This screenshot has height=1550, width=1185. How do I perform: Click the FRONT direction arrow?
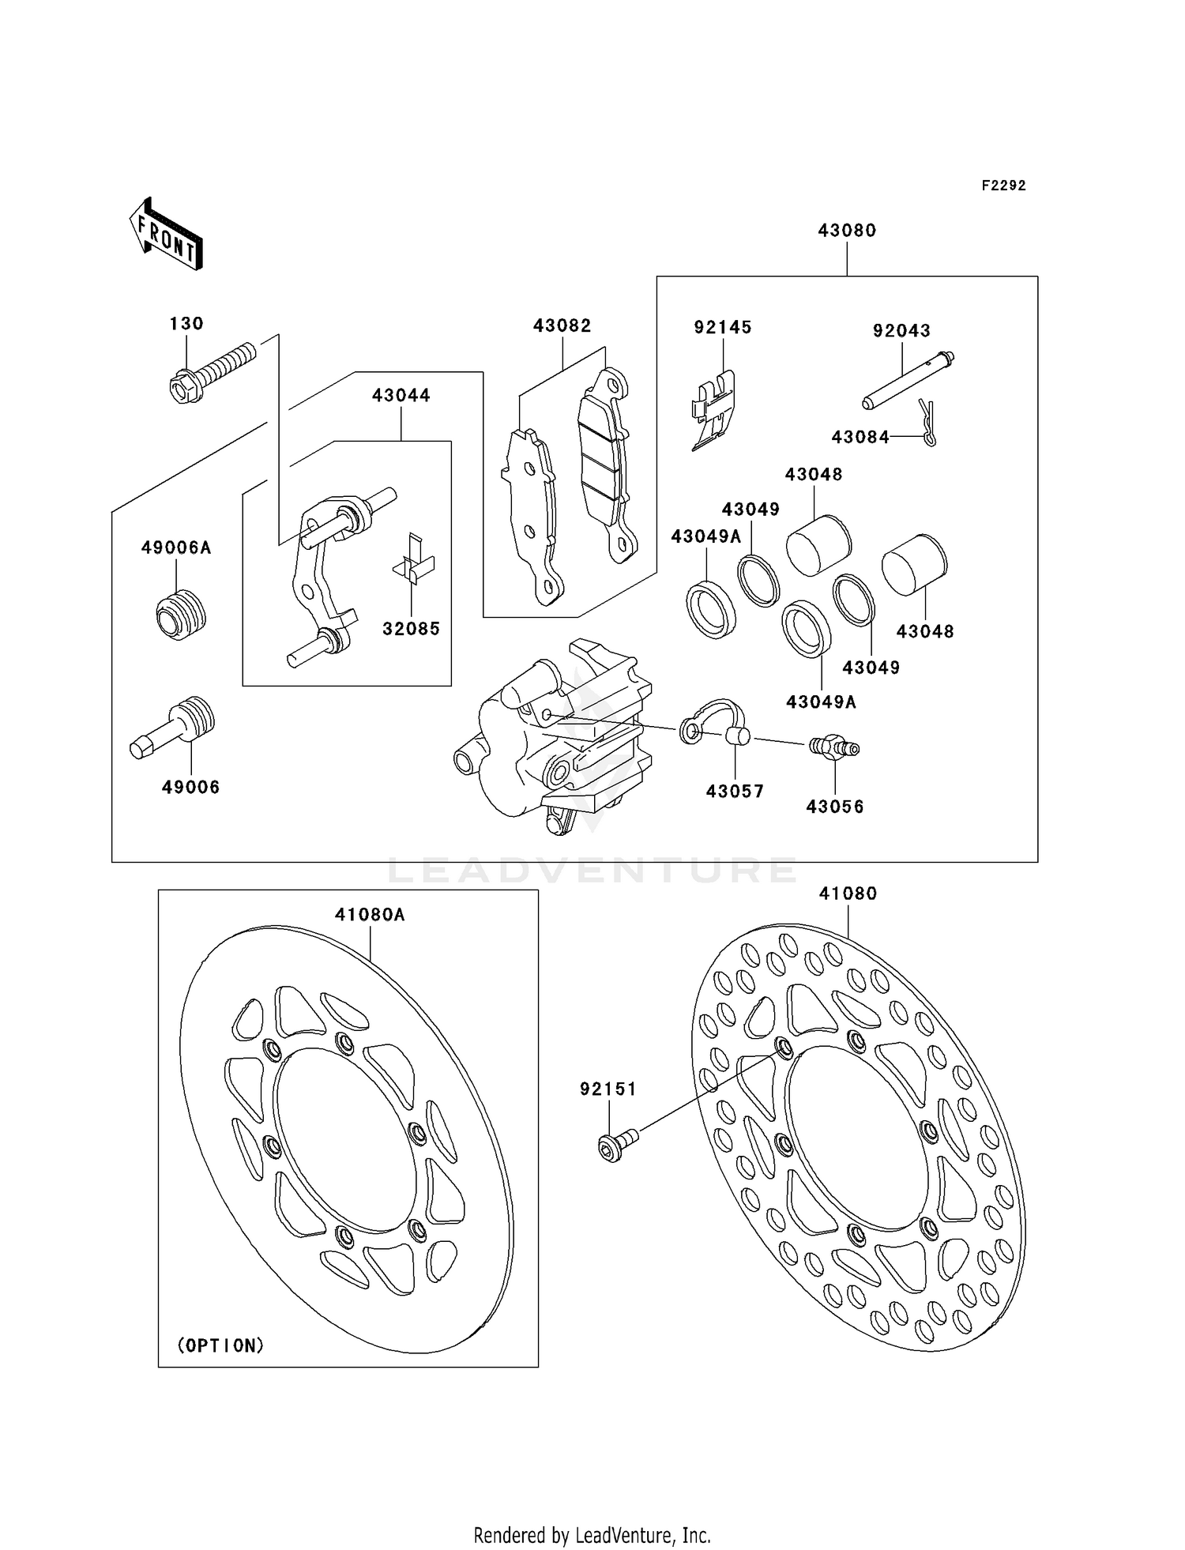tap(167, 235)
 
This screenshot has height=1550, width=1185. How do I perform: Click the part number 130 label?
tap(186, 323)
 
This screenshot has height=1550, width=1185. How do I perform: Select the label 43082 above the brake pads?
tap(562, 325)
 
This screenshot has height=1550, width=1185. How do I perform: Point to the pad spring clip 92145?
tap(716, 410)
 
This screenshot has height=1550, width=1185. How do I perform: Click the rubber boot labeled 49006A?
tap(181, 615)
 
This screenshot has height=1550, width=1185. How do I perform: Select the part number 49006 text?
tap(190, 787)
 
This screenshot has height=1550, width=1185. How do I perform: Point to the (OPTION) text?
tap(220, 1345)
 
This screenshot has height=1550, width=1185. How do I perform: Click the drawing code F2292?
tap(1003, 186)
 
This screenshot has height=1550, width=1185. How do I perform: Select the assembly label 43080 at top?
tap(847, 230)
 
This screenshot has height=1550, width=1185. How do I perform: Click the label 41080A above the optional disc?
tap(370, 914)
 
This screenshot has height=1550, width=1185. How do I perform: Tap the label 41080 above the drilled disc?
tap(848, 893)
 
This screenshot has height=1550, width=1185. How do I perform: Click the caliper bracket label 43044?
tap(401, 395)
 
